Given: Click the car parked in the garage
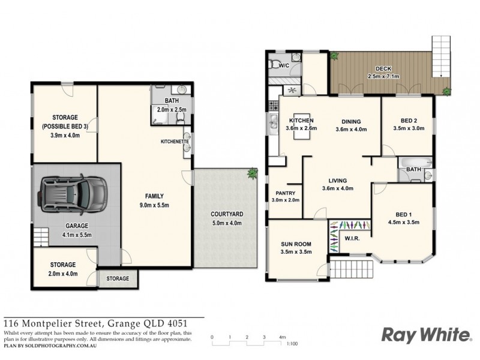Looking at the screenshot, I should coord(71,195).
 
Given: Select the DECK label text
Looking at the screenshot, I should coord(383,68).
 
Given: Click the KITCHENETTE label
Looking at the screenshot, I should coord(175,142).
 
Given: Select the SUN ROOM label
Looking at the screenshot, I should coord(295,245).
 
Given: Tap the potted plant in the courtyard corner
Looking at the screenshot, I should coord(252,173).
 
